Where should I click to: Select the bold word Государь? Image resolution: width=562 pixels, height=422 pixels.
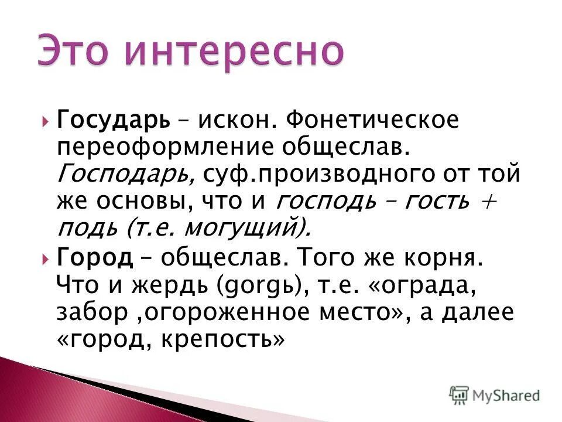(114, 121)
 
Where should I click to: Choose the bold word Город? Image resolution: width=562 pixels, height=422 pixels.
(93, 258)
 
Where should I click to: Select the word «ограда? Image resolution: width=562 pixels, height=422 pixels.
(420, 285)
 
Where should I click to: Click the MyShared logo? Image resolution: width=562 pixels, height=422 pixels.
(495, 395)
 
